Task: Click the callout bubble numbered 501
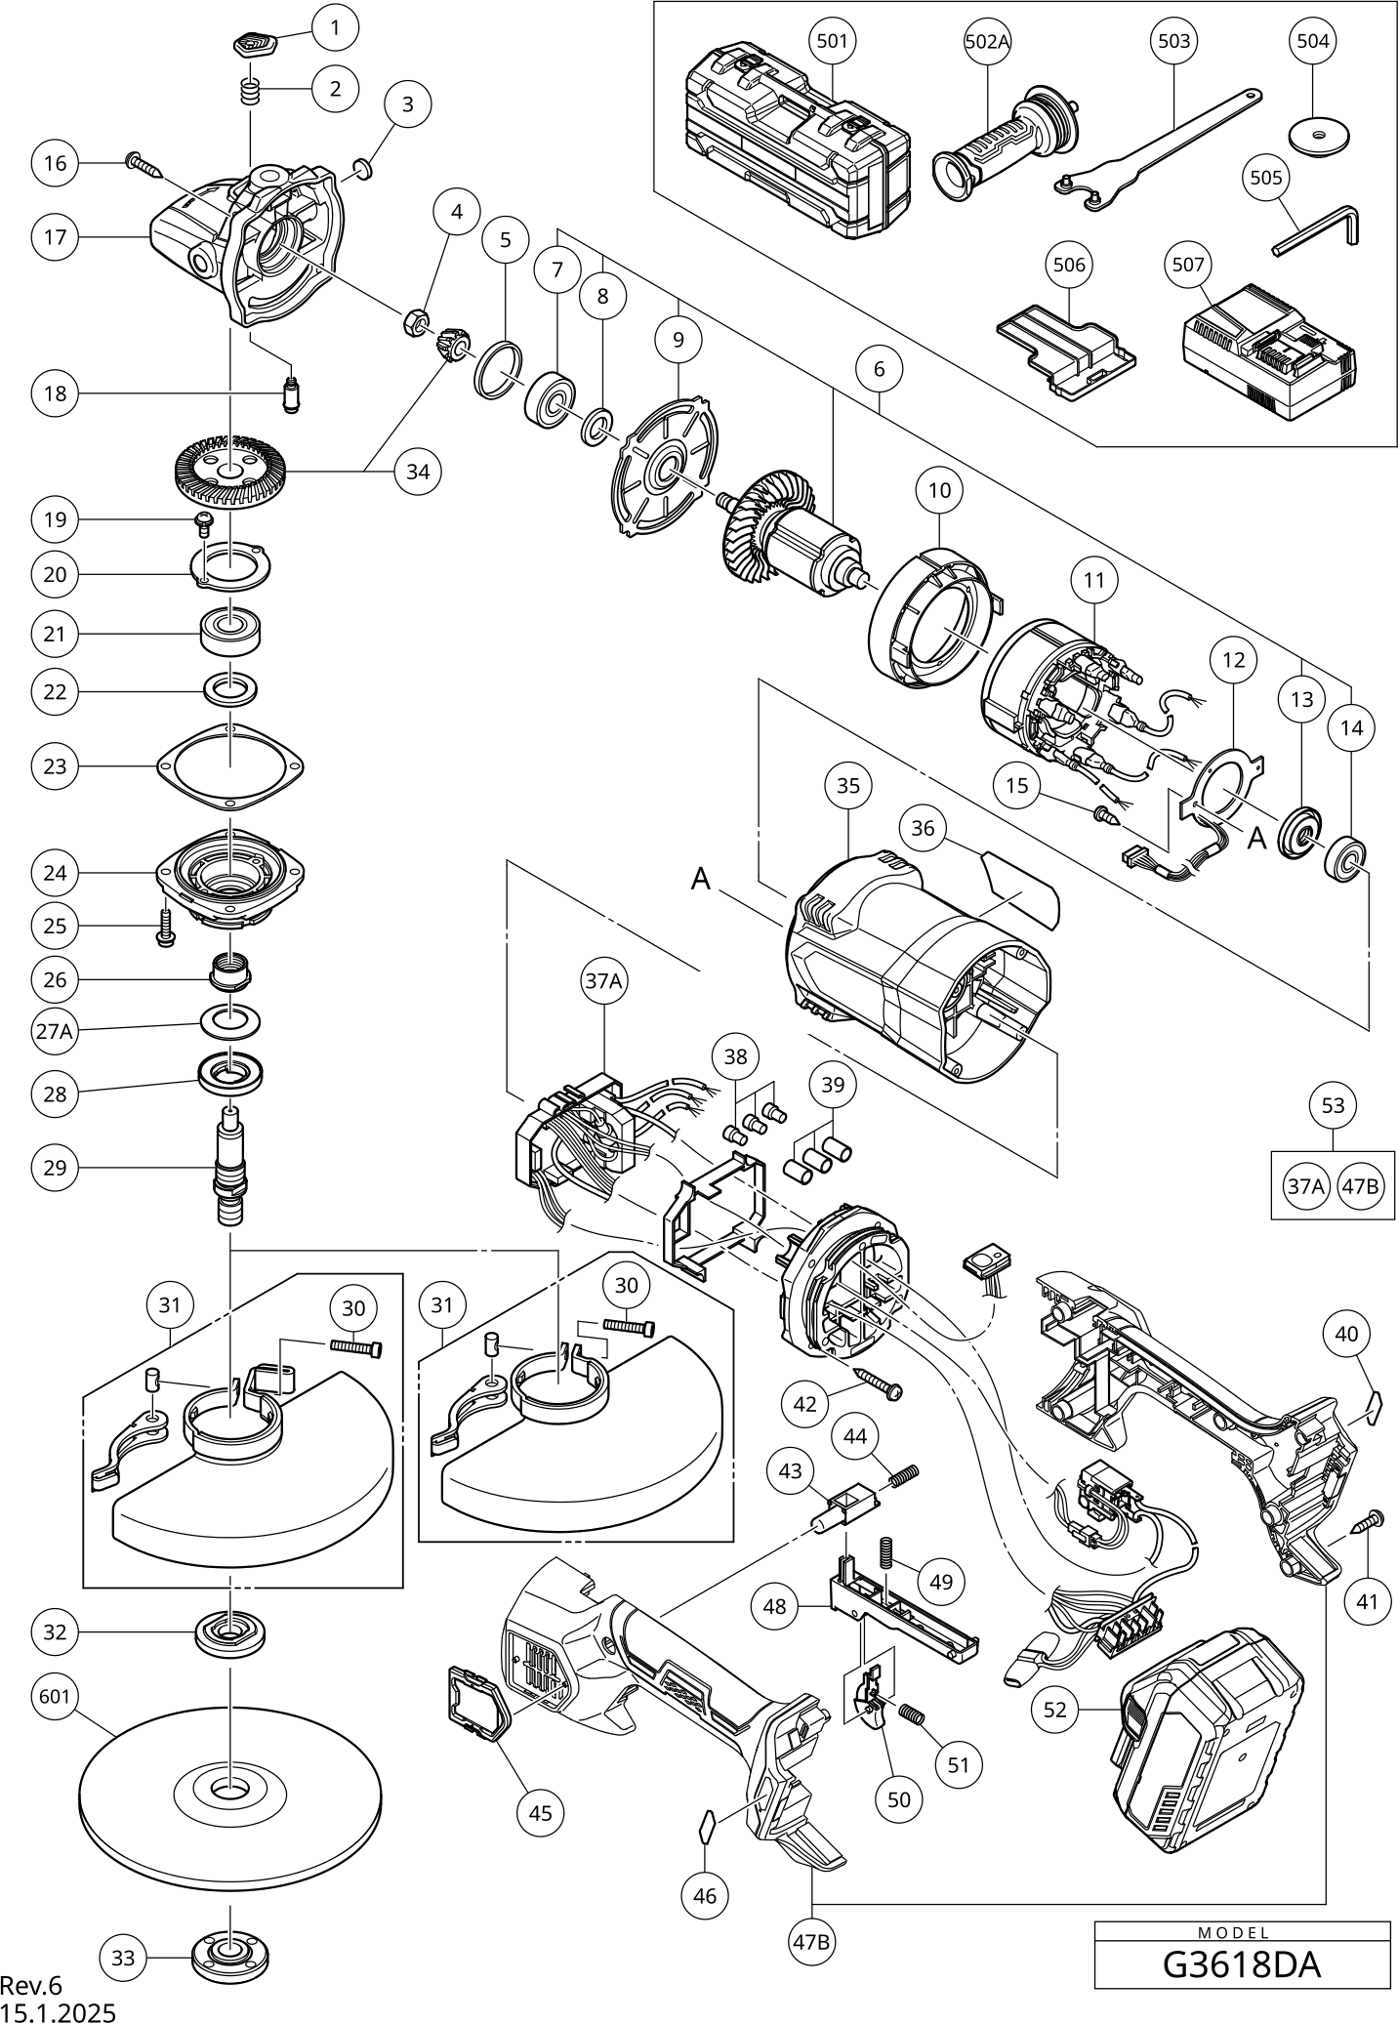832,41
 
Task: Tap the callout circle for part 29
55,1167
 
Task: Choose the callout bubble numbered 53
1333,1105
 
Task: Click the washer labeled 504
1313,134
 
